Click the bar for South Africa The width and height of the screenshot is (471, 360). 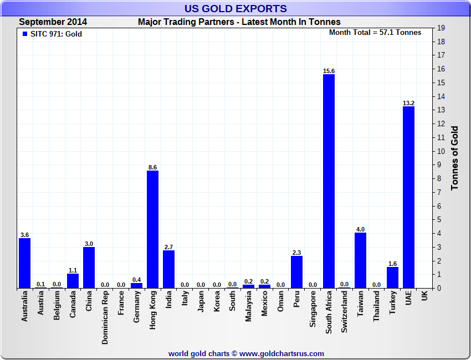(329, 181)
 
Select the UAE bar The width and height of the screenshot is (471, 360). (408, 197)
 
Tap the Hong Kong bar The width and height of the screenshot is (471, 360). (152, 229)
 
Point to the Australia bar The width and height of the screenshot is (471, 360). (24, 263)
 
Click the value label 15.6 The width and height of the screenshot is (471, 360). (329, 71)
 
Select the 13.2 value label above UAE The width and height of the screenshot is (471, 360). (408, 103)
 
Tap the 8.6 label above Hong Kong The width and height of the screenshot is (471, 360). (152, 167)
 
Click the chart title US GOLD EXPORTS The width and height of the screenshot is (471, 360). (235, 8)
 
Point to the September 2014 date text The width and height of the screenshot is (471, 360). (53, 22)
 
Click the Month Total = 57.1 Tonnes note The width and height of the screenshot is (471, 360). (375, 33)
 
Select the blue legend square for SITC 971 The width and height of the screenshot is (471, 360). (24, 34)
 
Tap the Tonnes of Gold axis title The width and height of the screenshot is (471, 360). (454, 158)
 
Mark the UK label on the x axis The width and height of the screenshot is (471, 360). (424, 296)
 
